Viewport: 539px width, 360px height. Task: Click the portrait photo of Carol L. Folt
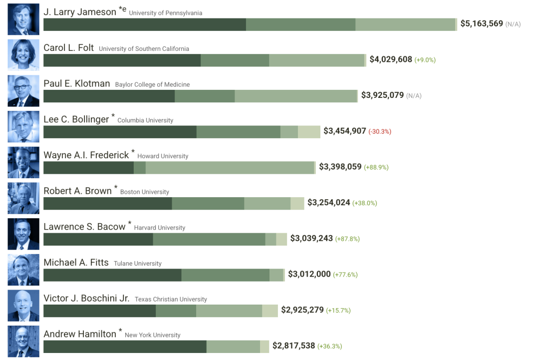pyautogui.click(x=23, y=55)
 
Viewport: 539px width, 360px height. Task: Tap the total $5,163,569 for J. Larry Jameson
pyautogui.click(x=481, y=23)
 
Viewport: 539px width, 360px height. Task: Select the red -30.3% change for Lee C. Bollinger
pyautogui.click(x=380, y=131)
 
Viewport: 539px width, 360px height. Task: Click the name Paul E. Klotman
pyautogui.click(x=76, y=84)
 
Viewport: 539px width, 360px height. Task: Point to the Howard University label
pyautogui.click(x=163, y=156)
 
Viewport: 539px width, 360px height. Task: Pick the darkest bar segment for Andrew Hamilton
pyautogui.click(x=125, y=346)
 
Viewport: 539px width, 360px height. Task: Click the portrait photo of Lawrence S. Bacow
pyautogui.click(x=23, y=234)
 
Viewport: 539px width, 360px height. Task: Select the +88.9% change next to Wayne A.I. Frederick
pyautogui.click(x=376, y=167)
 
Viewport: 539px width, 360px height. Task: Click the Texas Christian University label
pyautogui.click(x=171, y=300)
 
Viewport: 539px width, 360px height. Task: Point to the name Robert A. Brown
pyautogui.click(x=77, y=191)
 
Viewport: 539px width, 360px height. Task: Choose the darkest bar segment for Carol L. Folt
pyautogui.click(x=122, y=60)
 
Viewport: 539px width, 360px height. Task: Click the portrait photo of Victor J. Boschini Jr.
pyautogui.click(x=23, y=306)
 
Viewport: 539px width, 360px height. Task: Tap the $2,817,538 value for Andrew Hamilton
pyautogui.click(x=293, y=346)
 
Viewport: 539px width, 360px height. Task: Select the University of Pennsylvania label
pyautogui.click(x=166, y=13)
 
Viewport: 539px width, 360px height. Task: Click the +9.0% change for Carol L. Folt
pyautogui.click(x=425, y=60)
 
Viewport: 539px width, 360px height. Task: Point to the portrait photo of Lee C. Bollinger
pyautogui.click(x=23, y=126)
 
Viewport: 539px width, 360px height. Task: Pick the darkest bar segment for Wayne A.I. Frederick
pyautogui.click(x=88, y=167)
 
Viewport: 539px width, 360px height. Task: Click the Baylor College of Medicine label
pyautogui.click(x=152, y=85)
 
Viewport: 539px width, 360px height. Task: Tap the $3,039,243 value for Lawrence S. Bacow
pyautogui.click(x=311, y=239)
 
